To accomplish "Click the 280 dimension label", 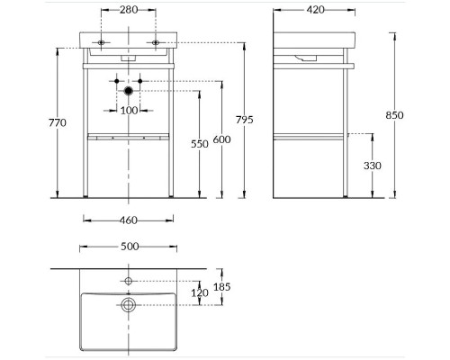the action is click(129, 10).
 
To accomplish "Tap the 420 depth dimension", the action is click(316, 10).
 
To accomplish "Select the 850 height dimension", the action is click(394, 115).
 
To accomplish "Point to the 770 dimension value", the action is click(58, 122).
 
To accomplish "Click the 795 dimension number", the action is click(245, 120).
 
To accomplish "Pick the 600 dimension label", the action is click(221, 139).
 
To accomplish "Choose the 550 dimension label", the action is click(200, 144).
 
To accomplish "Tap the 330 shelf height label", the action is click(373, 166).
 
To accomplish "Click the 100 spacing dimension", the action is click(129, 111).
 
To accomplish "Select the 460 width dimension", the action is click(129, 220).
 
